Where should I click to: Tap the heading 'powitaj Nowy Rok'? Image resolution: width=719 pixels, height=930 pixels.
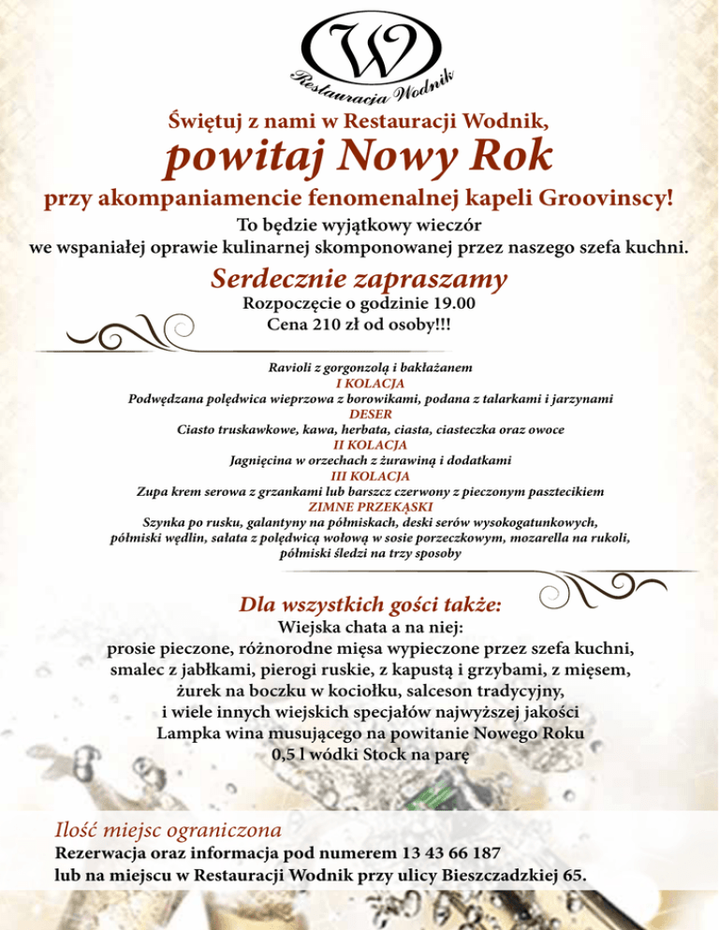click(359, 155)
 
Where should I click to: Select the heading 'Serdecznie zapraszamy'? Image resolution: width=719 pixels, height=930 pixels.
click(359, 279)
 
